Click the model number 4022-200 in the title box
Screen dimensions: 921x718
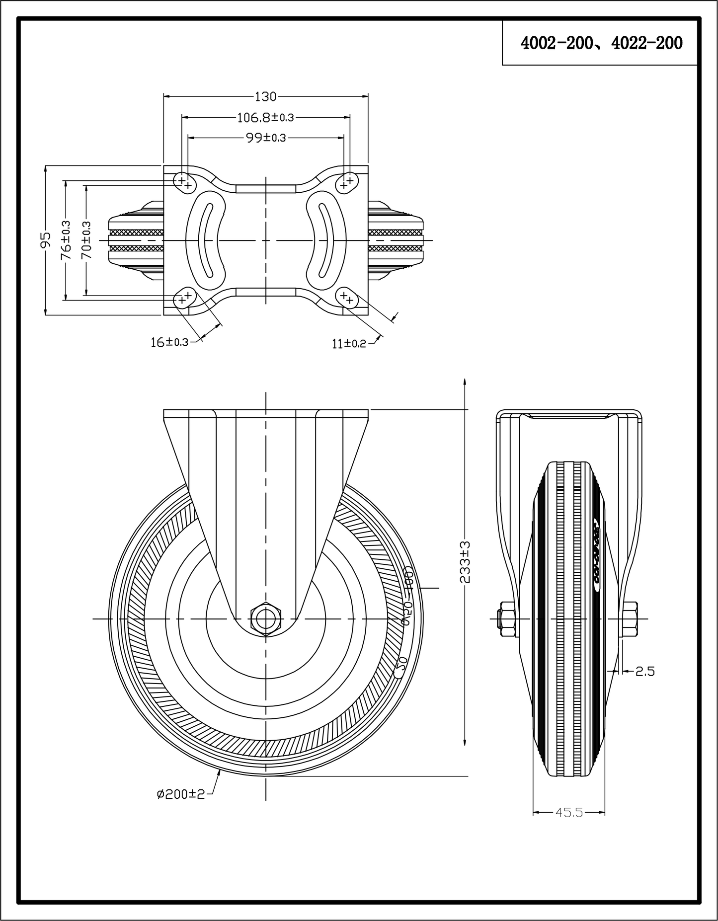coord(646,44)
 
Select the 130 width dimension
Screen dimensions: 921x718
coord(265,96)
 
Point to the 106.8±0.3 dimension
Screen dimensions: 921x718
coord(265,118)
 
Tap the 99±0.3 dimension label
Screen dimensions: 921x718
coord(266,138)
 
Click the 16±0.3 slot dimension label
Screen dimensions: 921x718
coord(169,342)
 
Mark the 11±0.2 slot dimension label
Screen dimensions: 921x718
coord(349,343)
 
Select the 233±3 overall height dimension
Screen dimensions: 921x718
coord(465,561)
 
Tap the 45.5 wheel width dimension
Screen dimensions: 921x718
coord(569,813)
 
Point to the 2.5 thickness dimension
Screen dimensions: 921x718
coord(645,671)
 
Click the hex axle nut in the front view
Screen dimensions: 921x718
coord(266,618)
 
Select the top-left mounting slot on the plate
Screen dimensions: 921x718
coord(184,182)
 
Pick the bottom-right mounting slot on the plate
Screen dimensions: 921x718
coord(347,298)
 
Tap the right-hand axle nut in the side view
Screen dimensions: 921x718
coord(630,619)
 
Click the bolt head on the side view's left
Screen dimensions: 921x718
coord(506,619)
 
